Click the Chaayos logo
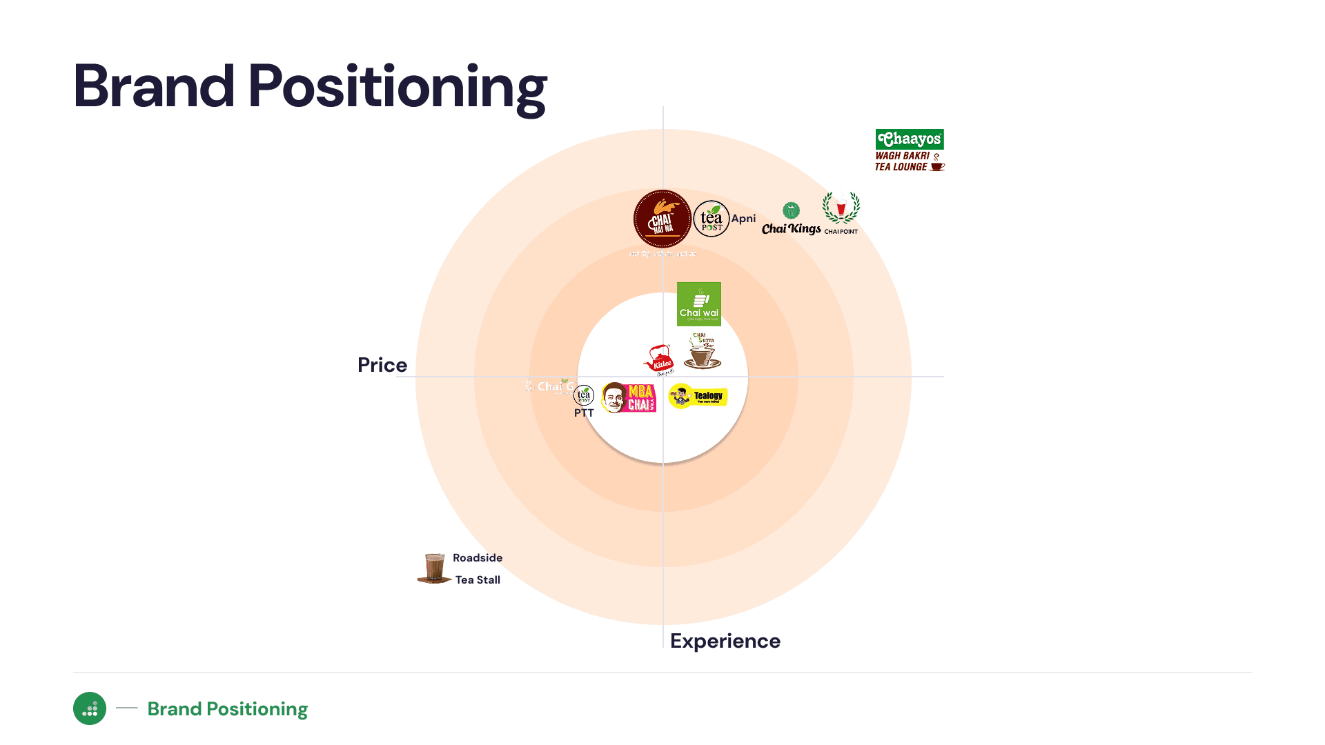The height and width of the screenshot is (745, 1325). pos(910,139)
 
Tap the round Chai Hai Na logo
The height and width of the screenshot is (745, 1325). pos(662,219)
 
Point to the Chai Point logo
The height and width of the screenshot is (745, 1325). pos(841,212)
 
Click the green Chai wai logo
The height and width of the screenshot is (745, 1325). pos(699,304)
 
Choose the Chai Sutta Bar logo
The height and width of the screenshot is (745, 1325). pos(703,351)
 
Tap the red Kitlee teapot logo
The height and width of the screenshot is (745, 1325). pos(660,359)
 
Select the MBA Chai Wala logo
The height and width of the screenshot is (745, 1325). pos(629,397)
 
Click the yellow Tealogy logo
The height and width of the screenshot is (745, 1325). pos(698,396)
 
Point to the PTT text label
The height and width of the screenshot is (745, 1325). pos(584,413)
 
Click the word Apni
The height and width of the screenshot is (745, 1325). pos(743,219)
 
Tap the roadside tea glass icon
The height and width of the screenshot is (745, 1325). pos(434,568)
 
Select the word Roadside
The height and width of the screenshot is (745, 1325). pos(478,558)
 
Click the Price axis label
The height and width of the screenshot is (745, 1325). pos(382,365)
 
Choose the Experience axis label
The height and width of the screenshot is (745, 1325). pos(725,641)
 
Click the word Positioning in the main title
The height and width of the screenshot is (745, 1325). pos(397,87)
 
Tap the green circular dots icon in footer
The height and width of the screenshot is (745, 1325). pos(90,708)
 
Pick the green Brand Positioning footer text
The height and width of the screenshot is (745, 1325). pos(228,709)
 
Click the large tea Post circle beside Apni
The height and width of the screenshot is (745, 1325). pos(711,219)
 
